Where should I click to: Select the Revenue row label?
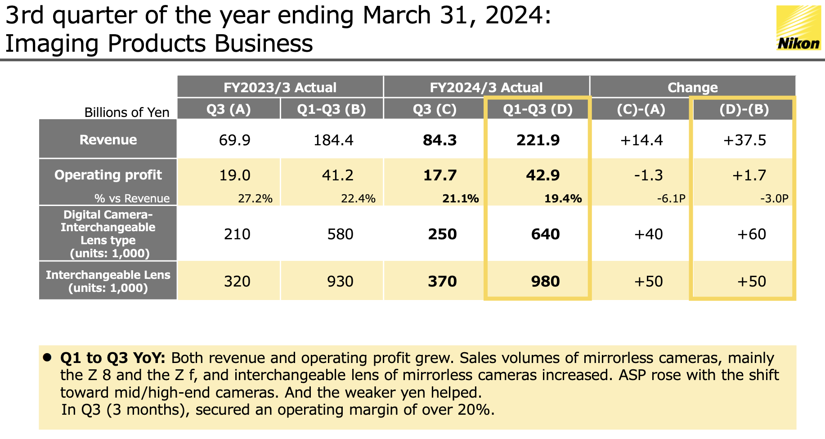click(x=108, y=140)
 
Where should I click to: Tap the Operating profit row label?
click(x=108, y=175)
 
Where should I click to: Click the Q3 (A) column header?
click(x=229, y=109)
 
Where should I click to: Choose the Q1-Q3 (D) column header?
click(x=538, y=109)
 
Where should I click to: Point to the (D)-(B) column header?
click(x=744, y=109)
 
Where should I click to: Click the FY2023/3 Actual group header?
click(x=280, y=87)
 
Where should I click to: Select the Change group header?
click(x=692, y=87)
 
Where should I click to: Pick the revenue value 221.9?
click(x=538, y=140)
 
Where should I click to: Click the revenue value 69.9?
click(x=234, y=140)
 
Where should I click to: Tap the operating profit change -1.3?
click(x=648, y=175)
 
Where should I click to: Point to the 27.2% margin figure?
click(x=255, y=199)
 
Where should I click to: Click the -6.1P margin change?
click(x=671, y=199)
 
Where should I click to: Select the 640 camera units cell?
click(x=545, y=234)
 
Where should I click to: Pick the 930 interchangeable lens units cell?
click(x=340, y=282)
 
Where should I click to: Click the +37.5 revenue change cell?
click(x=744, y=140)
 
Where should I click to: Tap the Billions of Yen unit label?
click(x=127, y=112)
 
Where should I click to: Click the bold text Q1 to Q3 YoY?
click(x=112, y=358)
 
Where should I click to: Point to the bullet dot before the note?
click(x=47, y=358)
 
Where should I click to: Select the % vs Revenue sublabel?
click(x=132, y=199)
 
